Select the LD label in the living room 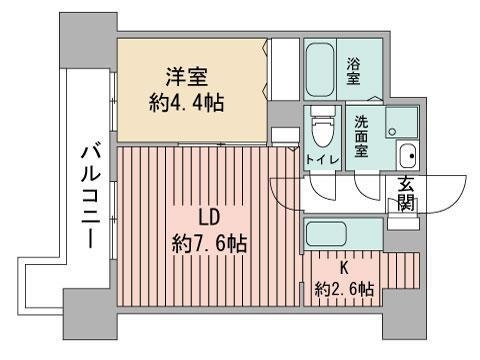coord(207,217)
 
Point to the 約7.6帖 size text coord(208,243)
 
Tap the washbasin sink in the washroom coord(406,155)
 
